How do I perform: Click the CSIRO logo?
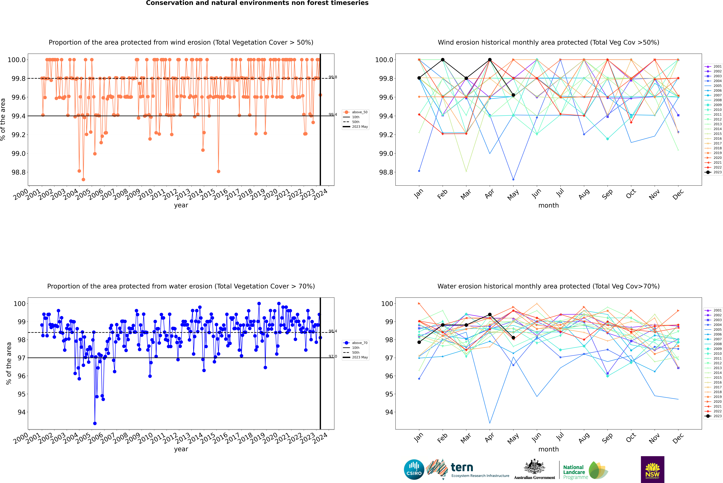414,469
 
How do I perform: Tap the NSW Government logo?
652,469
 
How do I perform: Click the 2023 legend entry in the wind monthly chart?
713,172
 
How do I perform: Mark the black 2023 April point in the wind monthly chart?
490,60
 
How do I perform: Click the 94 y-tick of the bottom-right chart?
389,412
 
